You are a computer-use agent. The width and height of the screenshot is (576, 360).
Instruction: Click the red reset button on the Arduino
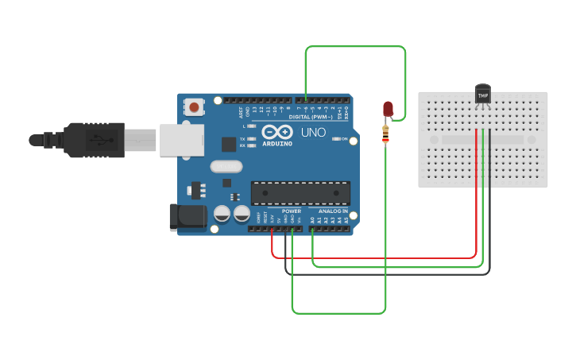point(194,106)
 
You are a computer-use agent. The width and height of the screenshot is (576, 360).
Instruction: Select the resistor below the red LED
point(386,134)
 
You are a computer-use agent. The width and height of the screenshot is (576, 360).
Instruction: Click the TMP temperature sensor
point(482,95)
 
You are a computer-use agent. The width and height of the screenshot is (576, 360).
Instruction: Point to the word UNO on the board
point(313,132)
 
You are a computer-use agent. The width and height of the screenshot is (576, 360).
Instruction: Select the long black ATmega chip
point(300,193)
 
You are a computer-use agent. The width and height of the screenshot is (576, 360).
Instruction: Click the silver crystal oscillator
point(226,167)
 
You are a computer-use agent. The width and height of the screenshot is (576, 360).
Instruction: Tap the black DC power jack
point(187,217)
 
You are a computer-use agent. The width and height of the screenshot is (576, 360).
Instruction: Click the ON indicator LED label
point(344,139)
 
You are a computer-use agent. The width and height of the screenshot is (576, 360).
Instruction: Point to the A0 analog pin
point(312,220)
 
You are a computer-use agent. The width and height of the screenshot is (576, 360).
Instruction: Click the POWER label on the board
point(292,211)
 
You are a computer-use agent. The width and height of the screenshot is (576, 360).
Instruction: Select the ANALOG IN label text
point(333,211)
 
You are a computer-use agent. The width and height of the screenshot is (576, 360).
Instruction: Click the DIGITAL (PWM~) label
point(311,117)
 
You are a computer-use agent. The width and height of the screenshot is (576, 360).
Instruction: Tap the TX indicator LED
point(250,138)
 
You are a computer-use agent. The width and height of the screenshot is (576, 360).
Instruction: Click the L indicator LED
point(250,126)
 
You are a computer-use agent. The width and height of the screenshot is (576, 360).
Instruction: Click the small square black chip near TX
point(229,144)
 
